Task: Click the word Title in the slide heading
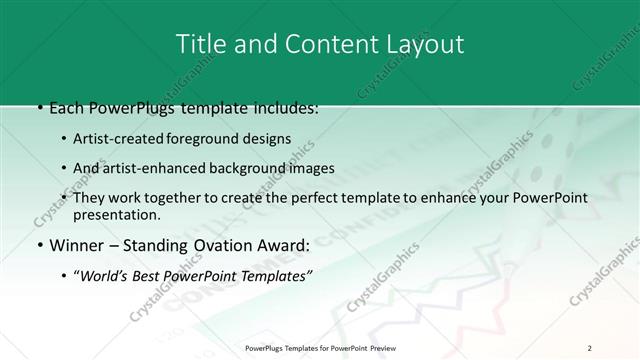(198, 44)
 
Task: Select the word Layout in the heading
(424, 44)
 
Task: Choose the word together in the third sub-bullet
(176, 198)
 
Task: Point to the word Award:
(282, 244)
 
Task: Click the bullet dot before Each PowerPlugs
(37, 108)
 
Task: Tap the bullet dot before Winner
(37, 244)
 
